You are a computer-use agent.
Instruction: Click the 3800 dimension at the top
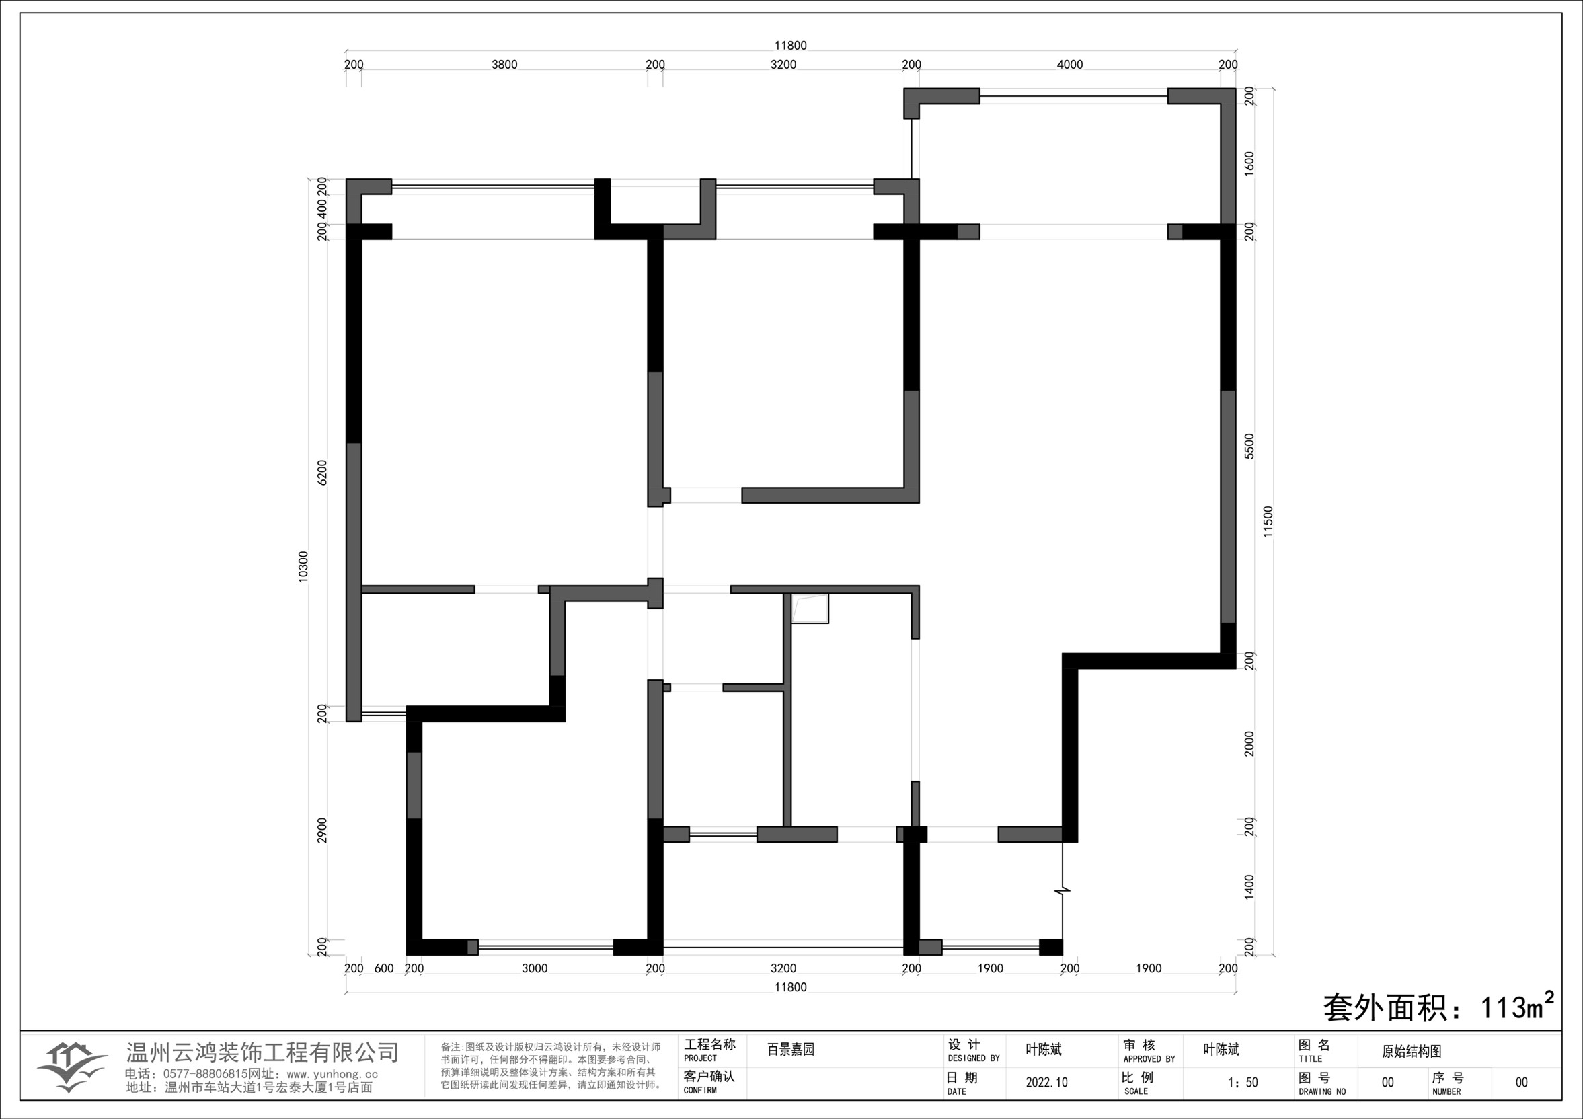pyautogui.click(x=504, y=64)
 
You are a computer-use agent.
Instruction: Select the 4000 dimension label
pyautogui.click(x=1069, y=64)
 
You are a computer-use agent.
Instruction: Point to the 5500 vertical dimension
pyautogui.click(x=1249, y=446)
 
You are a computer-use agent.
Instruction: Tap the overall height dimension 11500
pyautogui.click(x=1268, y=522)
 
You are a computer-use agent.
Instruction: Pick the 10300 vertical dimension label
pyautogui.click(x=303, y=567)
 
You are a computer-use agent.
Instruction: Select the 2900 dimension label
pyautogui.click(x=322, y=831)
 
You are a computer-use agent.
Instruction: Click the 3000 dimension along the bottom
pyautogui.click(x=535, y=968)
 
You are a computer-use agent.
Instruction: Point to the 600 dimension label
pyautogui.click(x=384, y=968)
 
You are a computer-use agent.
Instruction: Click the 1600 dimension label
pyautogui.click(x=1249, y=164)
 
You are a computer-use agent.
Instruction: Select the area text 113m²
pyautogui.click(x=1518, y=1007)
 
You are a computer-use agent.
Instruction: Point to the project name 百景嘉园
pyautogui.click(x=791, y=1049)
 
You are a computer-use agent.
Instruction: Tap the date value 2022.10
pyautogui.click(x=1046, y=1082)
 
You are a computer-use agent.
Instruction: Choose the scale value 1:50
pyautogui.click(x=1243, y=1082)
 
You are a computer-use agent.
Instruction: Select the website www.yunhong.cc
pyautogui.click(x=332, y=1073)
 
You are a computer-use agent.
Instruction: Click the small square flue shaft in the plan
pyautogui.click(x=810, y=608)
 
